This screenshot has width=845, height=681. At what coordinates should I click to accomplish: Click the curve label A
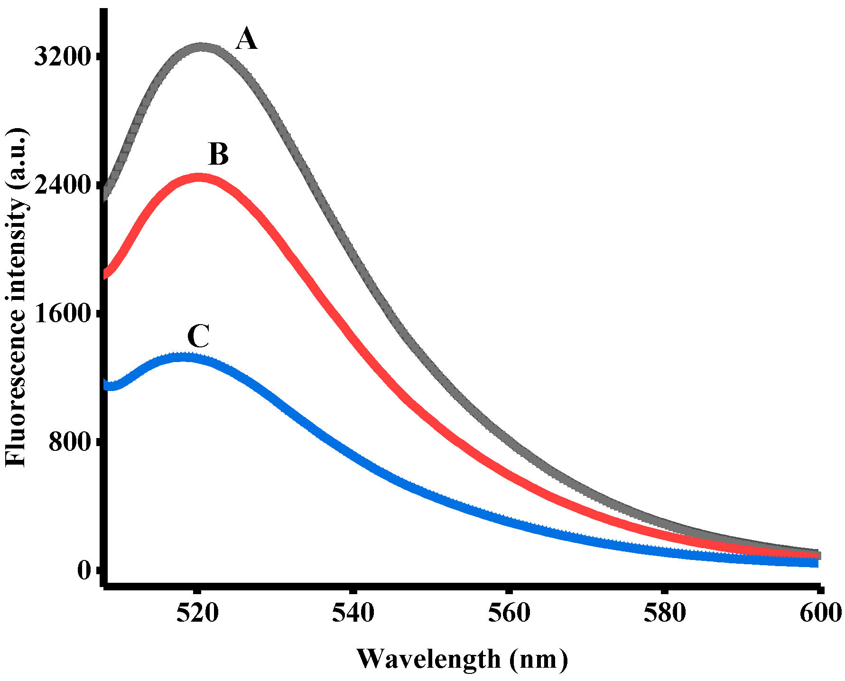coord(246,39)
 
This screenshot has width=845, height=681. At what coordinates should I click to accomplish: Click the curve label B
coord(218,155)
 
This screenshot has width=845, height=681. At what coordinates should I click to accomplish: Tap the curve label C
coord(198,337)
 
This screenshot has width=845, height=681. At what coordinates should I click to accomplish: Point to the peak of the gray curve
coord(202,48)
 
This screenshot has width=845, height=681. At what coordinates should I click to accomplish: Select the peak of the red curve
coord(199,177)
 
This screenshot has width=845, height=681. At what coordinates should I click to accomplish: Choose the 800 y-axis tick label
coord(70,442)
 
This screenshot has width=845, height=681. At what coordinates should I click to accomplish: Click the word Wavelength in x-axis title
coord(428,659)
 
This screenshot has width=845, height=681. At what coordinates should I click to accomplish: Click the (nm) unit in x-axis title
coord(539,659)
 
